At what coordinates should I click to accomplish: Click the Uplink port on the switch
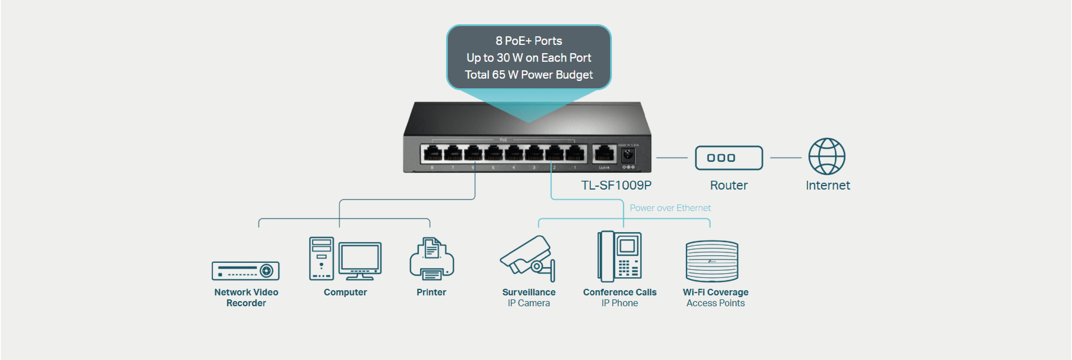point(604,154)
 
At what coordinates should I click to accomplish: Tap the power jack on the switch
point(628,156)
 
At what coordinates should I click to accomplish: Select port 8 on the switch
point(432,154)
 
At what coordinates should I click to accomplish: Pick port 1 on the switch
point(575,154)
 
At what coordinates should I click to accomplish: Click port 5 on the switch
point(494,154)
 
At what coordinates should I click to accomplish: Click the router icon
point(729,158)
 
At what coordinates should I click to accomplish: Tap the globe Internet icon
point(827,156)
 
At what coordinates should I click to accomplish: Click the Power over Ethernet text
point(670,208)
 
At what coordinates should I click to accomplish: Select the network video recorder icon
point(245,271)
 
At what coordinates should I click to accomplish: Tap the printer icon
point(432,259)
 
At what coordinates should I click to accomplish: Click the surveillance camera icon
point(528,259)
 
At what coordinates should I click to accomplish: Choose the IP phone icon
point(620,256)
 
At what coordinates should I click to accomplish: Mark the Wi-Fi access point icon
point(712,261)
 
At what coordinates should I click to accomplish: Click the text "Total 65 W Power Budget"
point(528,75)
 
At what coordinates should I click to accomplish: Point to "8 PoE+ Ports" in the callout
point(528,41)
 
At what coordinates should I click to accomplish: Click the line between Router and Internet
point(785,158)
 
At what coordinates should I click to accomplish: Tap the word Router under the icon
point(729,185)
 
